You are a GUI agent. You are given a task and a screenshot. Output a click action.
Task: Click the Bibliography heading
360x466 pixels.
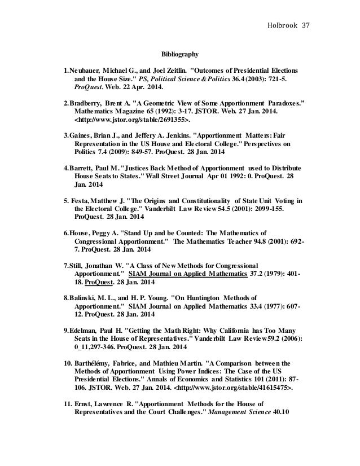[x=180, y=55]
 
